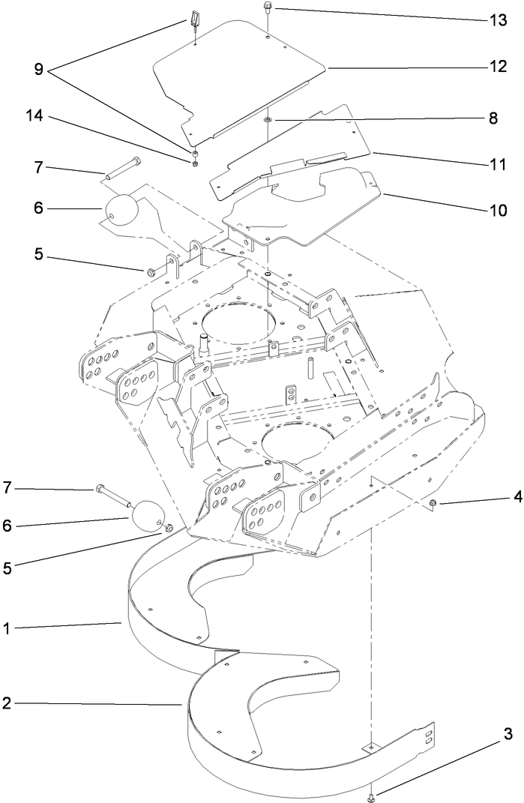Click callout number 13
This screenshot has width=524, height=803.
click(x=499, y=19)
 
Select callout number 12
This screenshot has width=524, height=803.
click(x=499, y=67)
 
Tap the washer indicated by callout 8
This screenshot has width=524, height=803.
click(x=268, y=120)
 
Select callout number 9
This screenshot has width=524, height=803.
click(x=38, y=69)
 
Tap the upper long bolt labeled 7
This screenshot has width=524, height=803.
click(x=123, y=168)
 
